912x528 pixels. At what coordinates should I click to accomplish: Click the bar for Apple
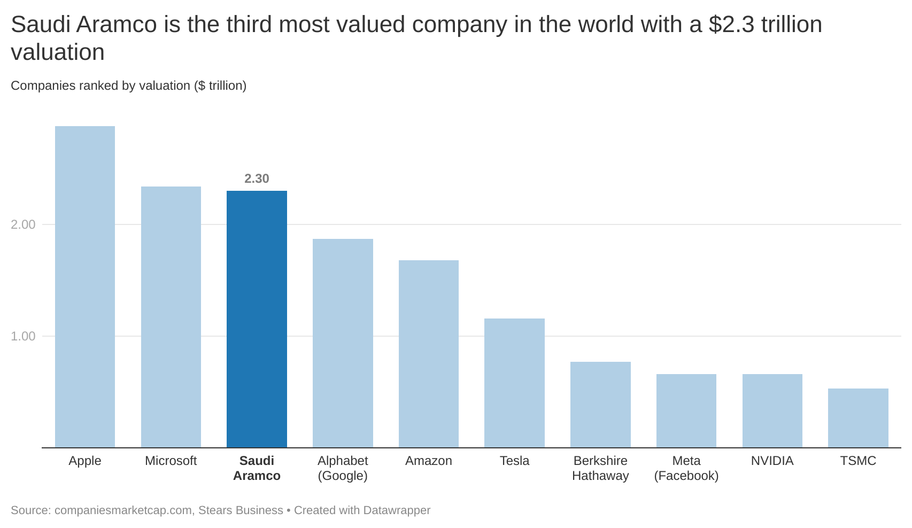coord(84,286)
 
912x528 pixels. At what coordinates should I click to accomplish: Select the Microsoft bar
coord(171,317)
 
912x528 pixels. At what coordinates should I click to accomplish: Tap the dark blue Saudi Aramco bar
coord(257,319)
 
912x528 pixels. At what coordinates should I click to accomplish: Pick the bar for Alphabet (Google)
coord(343,343)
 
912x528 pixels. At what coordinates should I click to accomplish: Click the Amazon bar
coord(429,353)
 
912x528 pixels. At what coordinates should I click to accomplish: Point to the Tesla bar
coord(515,383)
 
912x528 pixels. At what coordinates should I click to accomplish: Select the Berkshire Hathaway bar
coord(600,404)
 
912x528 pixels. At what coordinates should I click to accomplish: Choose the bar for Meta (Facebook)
coord(686,410)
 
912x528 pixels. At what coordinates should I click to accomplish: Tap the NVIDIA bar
coord(772,410)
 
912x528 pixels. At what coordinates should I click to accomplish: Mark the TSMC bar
coord(858,418)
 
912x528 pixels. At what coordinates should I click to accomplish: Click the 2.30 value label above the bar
coord(257,178)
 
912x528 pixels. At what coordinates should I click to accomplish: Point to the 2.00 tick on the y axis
coord(23,224)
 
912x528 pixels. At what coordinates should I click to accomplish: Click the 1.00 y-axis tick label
coord(23,336)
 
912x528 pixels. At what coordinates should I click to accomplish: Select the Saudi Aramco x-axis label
coord(257,468)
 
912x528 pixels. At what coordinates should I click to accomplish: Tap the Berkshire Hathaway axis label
coord(600,468)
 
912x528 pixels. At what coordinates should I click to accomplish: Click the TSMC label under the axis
coord(858,461)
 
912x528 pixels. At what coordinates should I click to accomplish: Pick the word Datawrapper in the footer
coord(397,510)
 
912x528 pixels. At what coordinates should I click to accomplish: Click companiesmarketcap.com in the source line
coord(123,510)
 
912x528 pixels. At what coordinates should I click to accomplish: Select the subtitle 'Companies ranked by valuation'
coord(100,86)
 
